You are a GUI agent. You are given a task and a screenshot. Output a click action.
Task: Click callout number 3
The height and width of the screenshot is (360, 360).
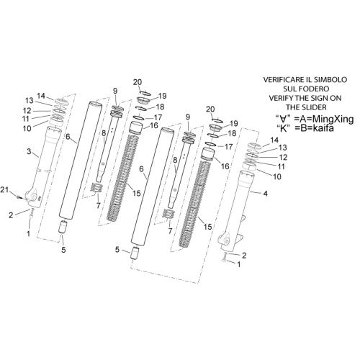tap(29, 151)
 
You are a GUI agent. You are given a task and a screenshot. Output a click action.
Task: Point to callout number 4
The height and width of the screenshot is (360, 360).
tap(266, 193)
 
